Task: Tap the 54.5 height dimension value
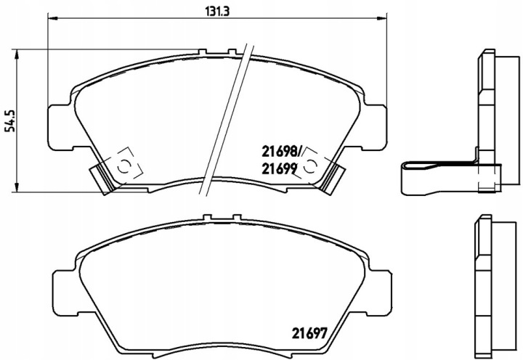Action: pyautogui.click(x=12, y=120)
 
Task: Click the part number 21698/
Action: pyautogui.click(x=282, y=152)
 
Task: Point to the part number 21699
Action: pyautogui.click(x=279, y=169)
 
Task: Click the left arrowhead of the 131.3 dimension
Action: pyautogui.click(x=53, y=19)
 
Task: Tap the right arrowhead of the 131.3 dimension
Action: pyautogui.click(x=382, y=19)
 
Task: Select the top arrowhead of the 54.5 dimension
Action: pyautogui.click(x=16, y=54)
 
